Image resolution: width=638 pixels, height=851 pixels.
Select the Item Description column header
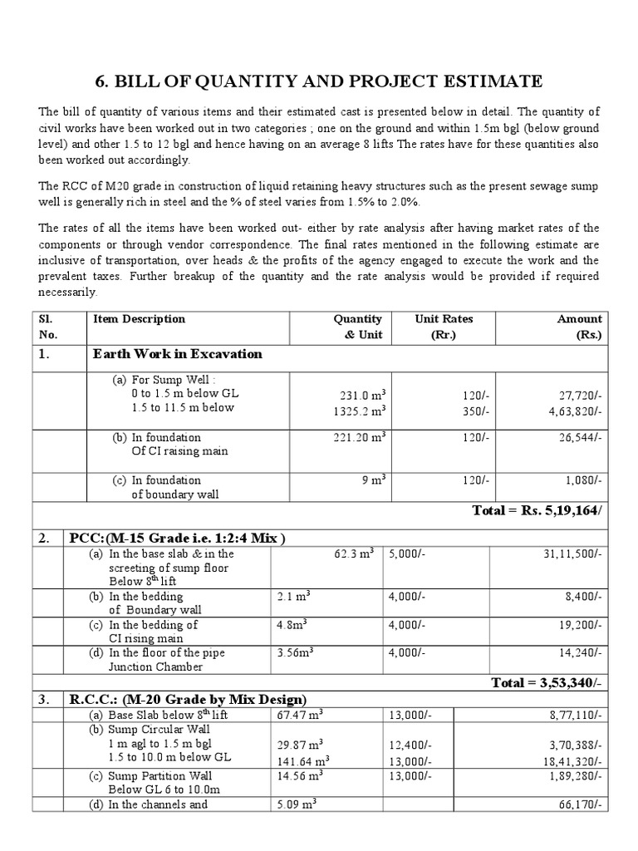tap(139, 319)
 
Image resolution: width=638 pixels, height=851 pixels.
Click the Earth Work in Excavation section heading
tap(178, 354)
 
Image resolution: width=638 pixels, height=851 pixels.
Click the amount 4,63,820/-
tap(575, 411)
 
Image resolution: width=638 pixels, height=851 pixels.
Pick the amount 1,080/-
tap(583, 480)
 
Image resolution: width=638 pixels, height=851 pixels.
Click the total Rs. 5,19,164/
tap(537, 510)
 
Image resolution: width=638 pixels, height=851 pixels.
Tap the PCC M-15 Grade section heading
tap(177, 539)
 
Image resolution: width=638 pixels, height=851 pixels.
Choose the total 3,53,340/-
tap(547, 682)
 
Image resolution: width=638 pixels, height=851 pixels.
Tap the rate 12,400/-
tap(410, 745)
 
